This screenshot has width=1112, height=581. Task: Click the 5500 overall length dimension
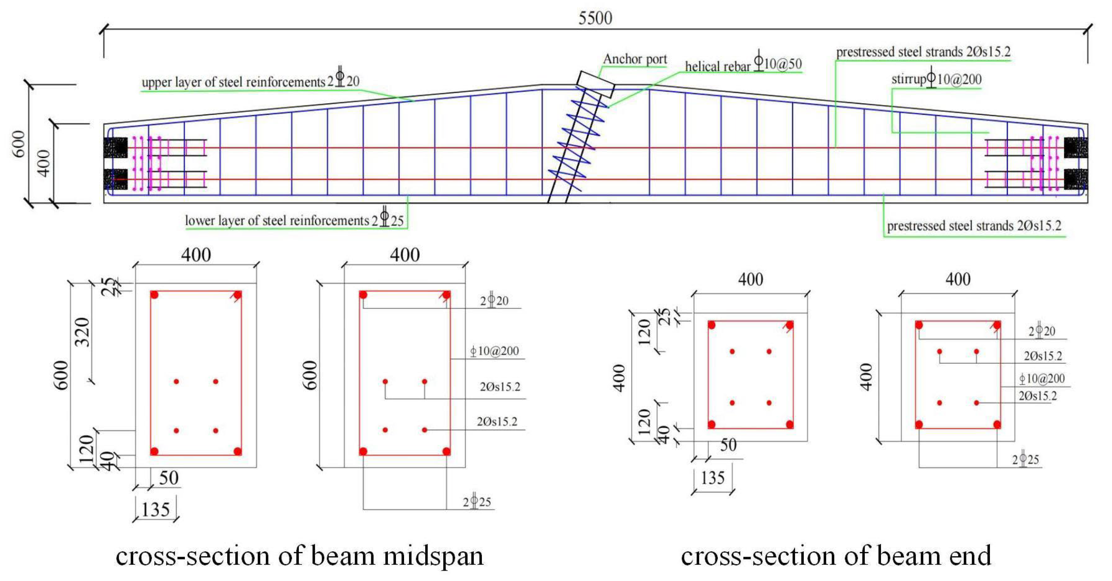(595, 18)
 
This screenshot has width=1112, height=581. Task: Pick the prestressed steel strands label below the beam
(974, 226)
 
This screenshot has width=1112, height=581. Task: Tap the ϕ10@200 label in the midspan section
(494, 351)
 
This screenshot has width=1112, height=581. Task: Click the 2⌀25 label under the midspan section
(477, 502)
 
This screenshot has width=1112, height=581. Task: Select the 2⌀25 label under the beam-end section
(1026, 460)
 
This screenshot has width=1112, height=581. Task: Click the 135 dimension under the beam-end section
(713, 478)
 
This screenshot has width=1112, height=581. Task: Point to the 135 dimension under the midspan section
(155, 510)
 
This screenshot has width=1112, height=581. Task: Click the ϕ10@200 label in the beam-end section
(1042, 379)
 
